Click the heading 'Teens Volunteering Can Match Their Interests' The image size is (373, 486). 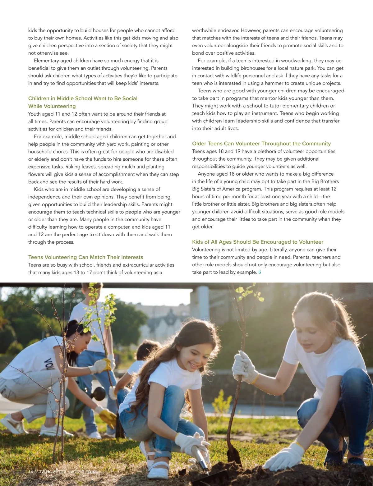tap(85, 257)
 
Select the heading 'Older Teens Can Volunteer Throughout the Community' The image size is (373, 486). tap(261, 144)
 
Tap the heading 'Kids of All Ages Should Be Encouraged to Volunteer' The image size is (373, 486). tap(257, 242)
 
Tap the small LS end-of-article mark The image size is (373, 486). tap(260, 273)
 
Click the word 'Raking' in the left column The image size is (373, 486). tap(73, 167)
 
